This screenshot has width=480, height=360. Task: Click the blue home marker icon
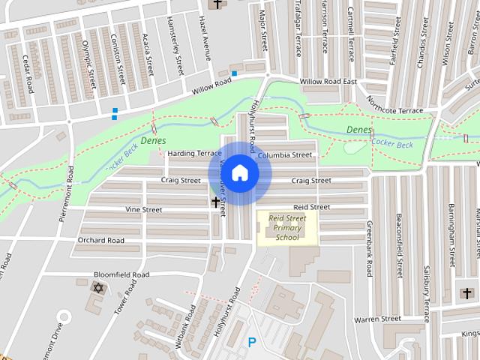pos(239,173)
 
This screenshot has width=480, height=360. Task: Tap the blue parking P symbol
pos(252,343)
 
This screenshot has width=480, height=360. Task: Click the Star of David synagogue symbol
pos(97,288)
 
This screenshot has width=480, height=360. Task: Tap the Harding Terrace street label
pos(194,154)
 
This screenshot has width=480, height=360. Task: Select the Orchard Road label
pos(100,241)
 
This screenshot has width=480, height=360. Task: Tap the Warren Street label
pos(378,319)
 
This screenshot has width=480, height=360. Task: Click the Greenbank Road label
pos(369,249)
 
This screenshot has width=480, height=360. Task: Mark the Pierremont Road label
pos(67,194)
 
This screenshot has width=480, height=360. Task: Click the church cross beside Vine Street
pos(216,202)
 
